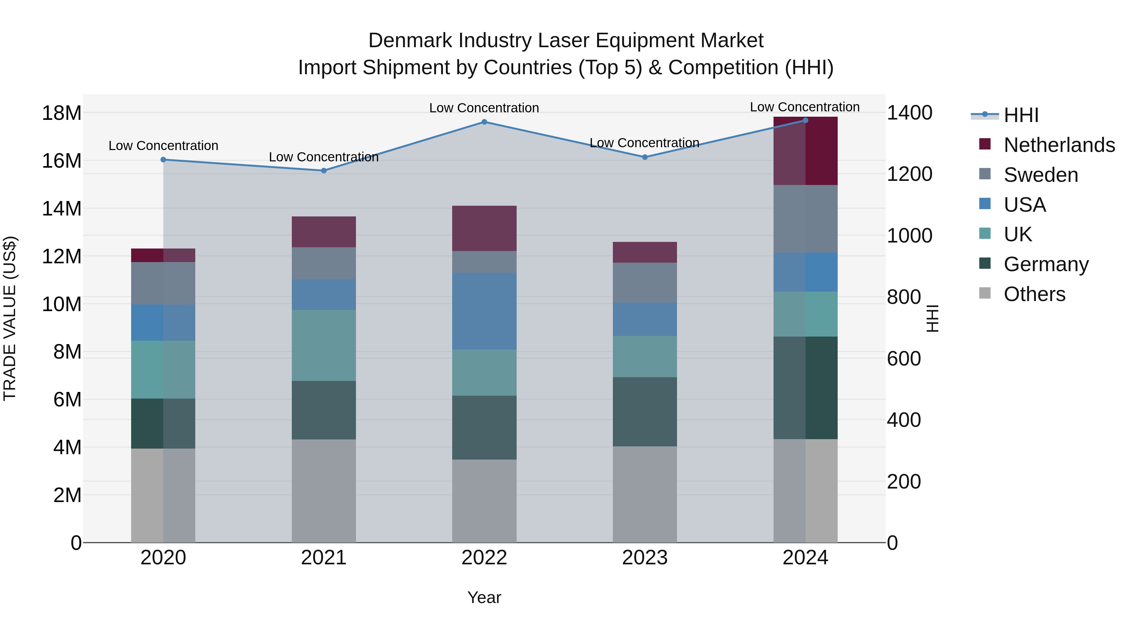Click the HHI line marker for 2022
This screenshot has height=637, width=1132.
[484, 122]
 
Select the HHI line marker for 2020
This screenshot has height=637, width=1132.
[163, 159]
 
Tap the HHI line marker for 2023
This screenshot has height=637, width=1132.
[645, 157]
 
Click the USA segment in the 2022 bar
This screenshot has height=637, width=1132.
[484, 311]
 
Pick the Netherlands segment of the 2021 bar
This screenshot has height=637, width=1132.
[324, 232]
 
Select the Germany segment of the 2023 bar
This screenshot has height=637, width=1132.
[645, 411]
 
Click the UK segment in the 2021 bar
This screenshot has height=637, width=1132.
[324, 345]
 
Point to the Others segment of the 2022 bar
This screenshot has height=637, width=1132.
[484, 501]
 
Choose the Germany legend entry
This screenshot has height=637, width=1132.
[1046, 264]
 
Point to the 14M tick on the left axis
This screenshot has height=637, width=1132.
[62, 208]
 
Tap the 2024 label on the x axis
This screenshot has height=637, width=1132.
[805, 558]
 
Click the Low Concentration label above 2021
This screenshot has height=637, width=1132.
[324, 157]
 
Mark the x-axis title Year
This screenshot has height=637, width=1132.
[484, 597]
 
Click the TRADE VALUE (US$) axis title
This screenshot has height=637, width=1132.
[10, 318]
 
